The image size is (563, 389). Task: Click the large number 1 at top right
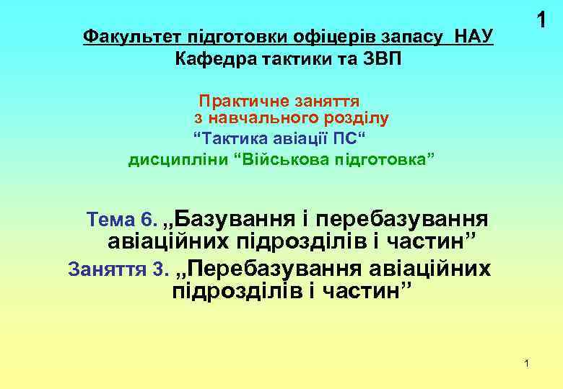pyautogui.click(x=540, y=22)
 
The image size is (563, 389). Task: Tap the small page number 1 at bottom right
pyautogui.click(x=527, y=363)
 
